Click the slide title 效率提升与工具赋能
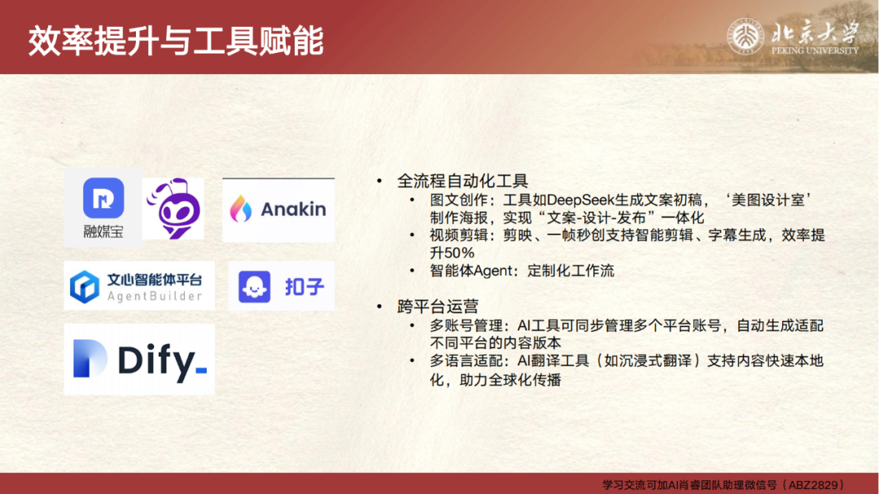176,41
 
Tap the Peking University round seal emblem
746,37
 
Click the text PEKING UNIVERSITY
815,50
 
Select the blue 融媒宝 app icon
103,198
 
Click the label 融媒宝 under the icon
103,231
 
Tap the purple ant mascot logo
174,208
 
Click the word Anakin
293,209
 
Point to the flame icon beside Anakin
240,208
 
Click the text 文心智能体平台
155,279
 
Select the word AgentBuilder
155,296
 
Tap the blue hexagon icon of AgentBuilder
85,286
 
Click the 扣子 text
304,286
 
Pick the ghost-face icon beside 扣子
255,286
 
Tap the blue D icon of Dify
90,358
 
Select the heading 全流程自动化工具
462,181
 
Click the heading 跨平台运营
438,307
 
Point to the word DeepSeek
580,200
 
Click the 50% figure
459,253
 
